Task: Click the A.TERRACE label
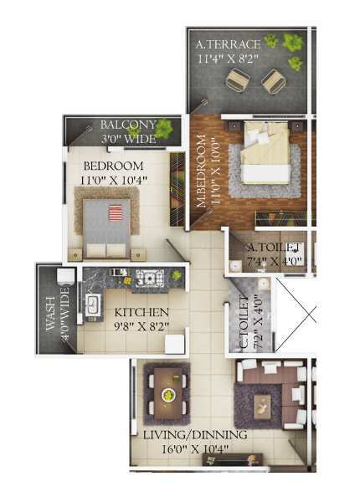[x=228, y=44]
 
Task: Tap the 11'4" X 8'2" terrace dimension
[x=228, y=59]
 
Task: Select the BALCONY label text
[x=129, y=125]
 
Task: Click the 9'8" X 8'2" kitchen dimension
[x=141, y=326]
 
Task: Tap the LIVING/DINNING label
[x=195, y=435]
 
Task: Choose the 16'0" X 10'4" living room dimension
[x=194, y=449]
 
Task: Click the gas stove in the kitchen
[x=150, y=277]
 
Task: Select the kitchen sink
[x=93, y=303]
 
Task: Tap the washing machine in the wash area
[x=65, y=276]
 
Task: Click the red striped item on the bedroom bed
[x=116, y=213]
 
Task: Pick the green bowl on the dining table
[x=167, y=394]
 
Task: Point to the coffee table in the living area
[x=262, y=407]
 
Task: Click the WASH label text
[x=50, y=314]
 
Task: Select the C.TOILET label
[x=244, y=322]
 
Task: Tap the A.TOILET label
[x=274, y=247]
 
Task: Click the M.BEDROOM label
[x=201, y=171]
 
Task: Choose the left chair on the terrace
[x=238, y=80]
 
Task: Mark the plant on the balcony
[x=164, y=128]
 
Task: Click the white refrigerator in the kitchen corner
[x=175, y=344]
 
